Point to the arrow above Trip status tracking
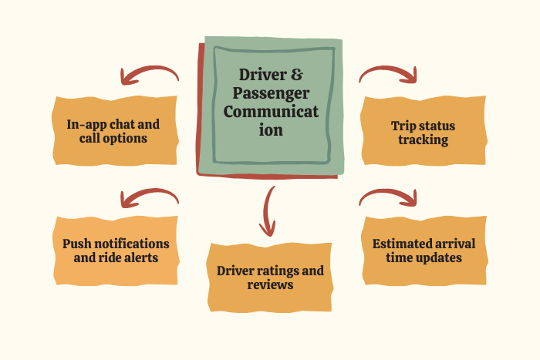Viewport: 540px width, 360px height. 389,74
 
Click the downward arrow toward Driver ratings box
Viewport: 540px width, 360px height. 268,210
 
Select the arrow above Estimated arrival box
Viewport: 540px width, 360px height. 389,197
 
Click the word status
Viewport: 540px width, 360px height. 437,126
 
